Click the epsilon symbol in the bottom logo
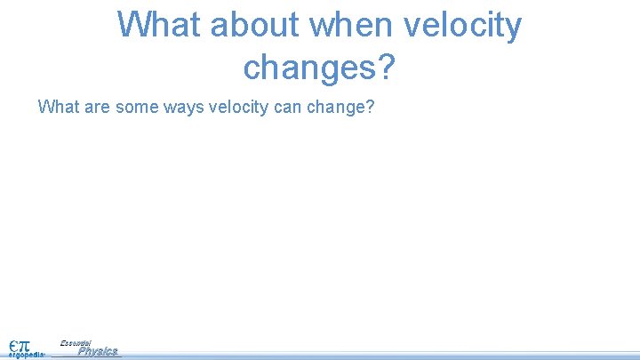tap(14, 341)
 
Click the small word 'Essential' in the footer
tap(76, 342)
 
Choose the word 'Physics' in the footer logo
tap(97, 351)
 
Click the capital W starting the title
tap(132, 25)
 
